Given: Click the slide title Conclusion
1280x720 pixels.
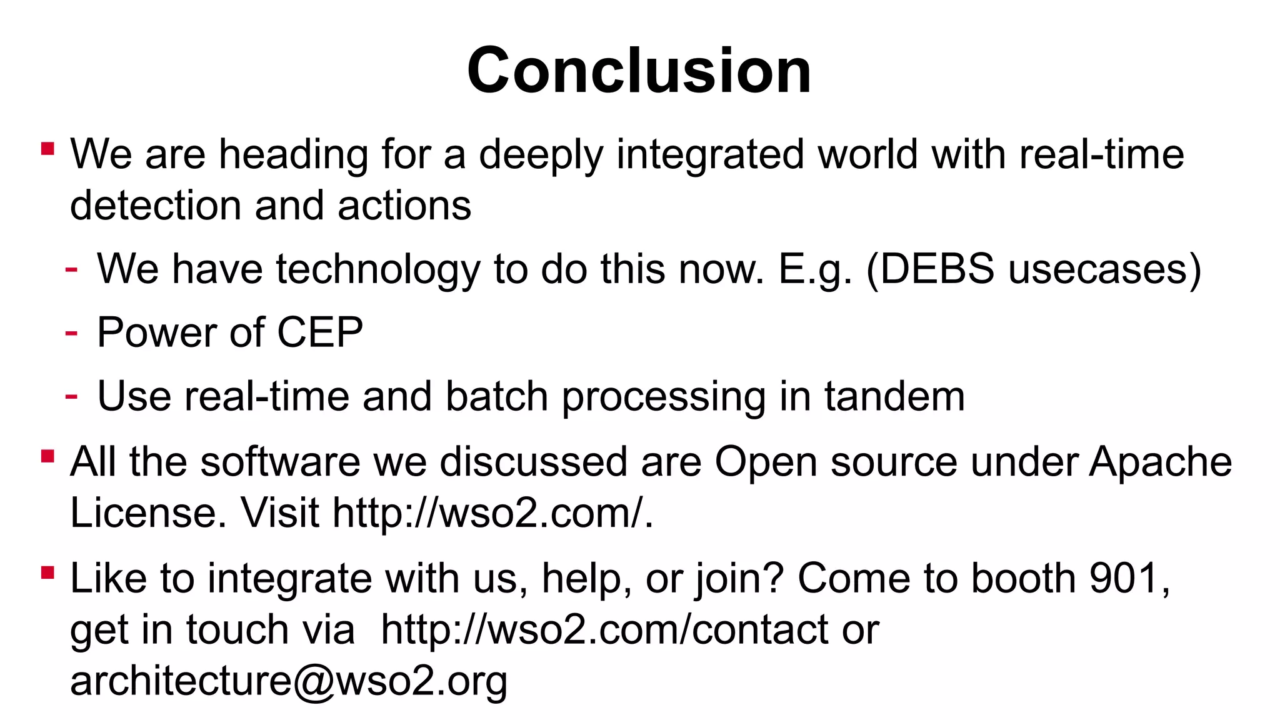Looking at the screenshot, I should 639,70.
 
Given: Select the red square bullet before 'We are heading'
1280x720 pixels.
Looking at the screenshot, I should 47,149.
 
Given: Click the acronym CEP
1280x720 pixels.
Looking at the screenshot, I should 319,332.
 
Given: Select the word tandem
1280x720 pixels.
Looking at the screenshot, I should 894,396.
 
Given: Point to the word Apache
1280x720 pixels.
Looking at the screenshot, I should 1161,462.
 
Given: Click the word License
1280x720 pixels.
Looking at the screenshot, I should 148,513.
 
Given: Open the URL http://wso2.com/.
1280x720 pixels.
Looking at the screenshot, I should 492,513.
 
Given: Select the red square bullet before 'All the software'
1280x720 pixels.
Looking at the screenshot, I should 47,456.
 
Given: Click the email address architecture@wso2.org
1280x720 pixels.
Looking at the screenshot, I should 289,681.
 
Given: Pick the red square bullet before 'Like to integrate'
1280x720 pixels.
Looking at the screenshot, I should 47,572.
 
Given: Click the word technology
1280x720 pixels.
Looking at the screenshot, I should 378,270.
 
